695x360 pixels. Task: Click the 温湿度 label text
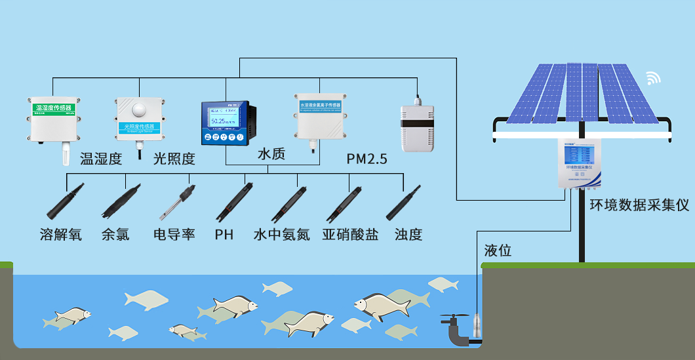click(101, 159)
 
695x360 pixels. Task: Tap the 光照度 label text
click(174, 159)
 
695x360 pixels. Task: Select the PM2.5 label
click(367, 159)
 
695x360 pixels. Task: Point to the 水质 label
click(271, 155)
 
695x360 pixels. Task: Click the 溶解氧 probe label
click(60, 234)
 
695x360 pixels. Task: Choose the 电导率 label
click(174, 234)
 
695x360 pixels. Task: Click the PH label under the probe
click(224, 234)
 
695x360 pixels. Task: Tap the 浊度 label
click(408, 234)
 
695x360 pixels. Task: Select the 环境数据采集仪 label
click(639, 205)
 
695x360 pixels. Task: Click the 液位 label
click(498, 250)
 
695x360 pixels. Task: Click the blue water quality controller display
click(226, 122)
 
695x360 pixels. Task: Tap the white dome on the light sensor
click(139, 110)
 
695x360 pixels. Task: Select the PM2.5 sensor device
click(417, 124)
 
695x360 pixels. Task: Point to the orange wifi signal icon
click(654, 78)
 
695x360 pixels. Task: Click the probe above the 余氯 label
click(120, 203)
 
